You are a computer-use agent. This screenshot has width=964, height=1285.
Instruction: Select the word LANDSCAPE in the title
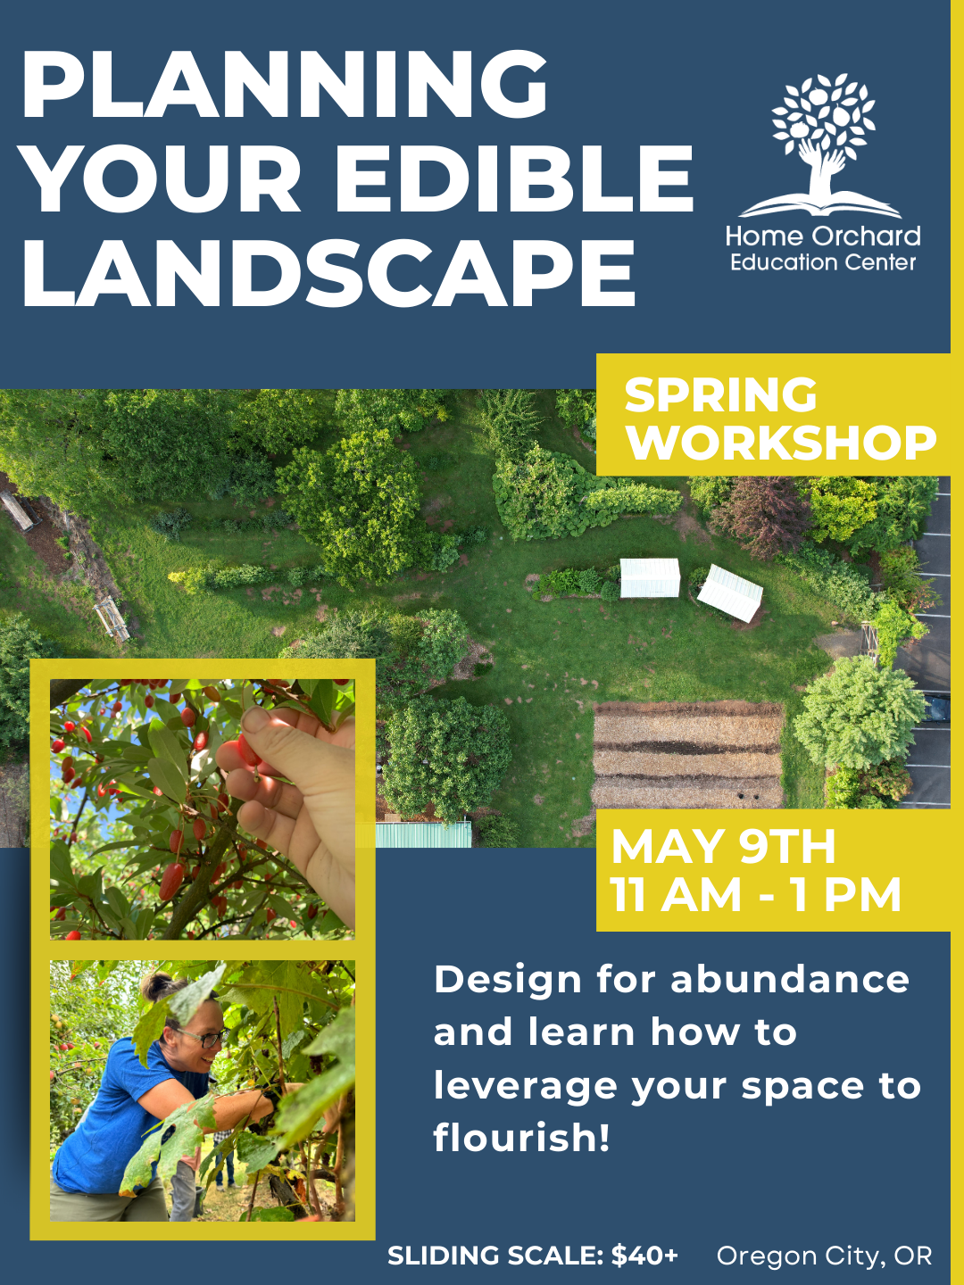pos(328,274)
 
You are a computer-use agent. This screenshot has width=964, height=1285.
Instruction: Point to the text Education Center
pos(822,262)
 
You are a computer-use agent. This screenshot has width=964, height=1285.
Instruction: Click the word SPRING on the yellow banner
pos(720,394)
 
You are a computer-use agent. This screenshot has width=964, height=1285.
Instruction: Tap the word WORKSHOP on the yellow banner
pos(781,443)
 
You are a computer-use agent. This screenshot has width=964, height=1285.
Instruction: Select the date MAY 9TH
pos(723,846)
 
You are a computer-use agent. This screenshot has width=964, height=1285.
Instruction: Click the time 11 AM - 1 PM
pos(755,895)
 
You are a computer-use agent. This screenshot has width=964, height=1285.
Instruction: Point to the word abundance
pos(790,980)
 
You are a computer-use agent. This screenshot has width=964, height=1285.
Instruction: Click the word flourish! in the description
pos(522,1138)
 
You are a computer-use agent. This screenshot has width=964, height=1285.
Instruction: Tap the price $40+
pos(644,1256)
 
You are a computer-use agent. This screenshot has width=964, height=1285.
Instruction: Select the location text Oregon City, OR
pos(824,1256)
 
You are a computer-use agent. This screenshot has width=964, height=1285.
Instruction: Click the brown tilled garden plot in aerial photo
pos(687,755)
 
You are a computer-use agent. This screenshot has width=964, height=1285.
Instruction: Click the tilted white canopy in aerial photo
pos(730,593)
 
